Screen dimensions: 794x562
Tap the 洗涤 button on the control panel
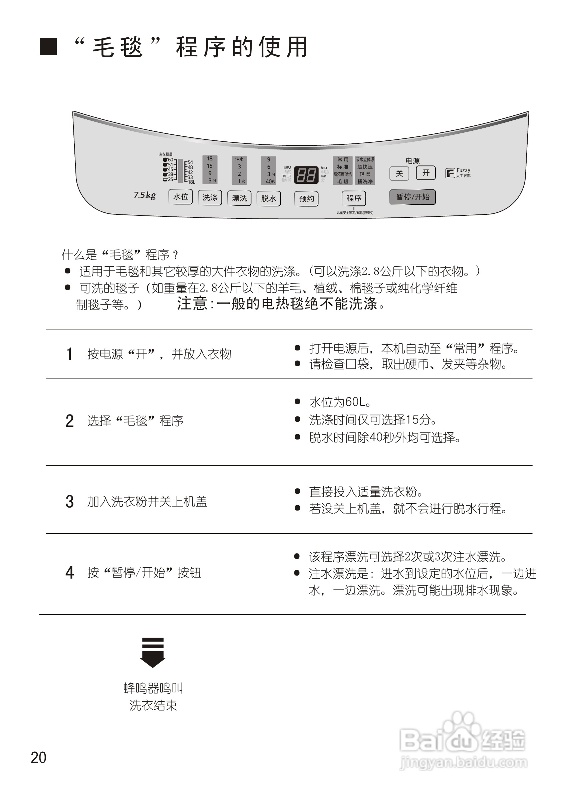[x=210, y=197]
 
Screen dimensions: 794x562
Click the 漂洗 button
[x=239, y=198]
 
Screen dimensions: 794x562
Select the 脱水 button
[x=269, y=198]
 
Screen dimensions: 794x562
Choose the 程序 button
[x=354, y=198]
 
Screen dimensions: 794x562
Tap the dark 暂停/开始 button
[x=412, y=197]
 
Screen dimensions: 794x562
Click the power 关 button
[x=399, y=173]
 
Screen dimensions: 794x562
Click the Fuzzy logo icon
[x=450, y=173]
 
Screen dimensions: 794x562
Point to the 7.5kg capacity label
[x=145, y=195]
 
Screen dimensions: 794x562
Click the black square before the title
[x=48, y=47]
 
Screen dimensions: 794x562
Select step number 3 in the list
[x=69, y=502]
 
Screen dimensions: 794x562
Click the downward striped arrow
[x=153, y=652]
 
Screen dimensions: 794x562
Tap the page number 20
[x=38, y=757]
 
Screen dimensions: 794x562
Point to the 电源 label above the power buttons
[x=412, y=161]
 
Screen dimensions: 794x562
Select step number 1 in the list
[x=69, y=354]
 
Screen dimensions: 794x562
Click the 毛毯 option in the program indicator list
[x=343, y=181]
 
